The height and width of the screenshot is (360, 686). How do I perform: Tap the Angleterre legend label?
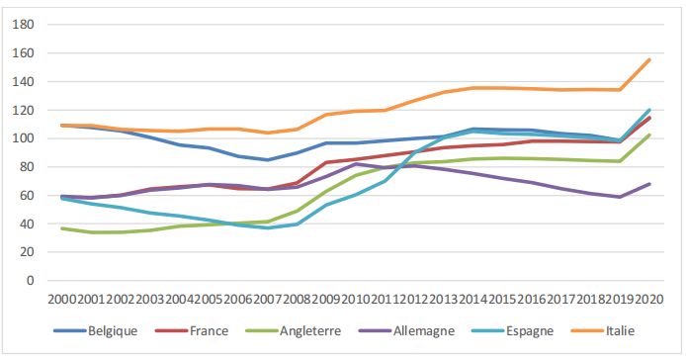click(x=314, y=329)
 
